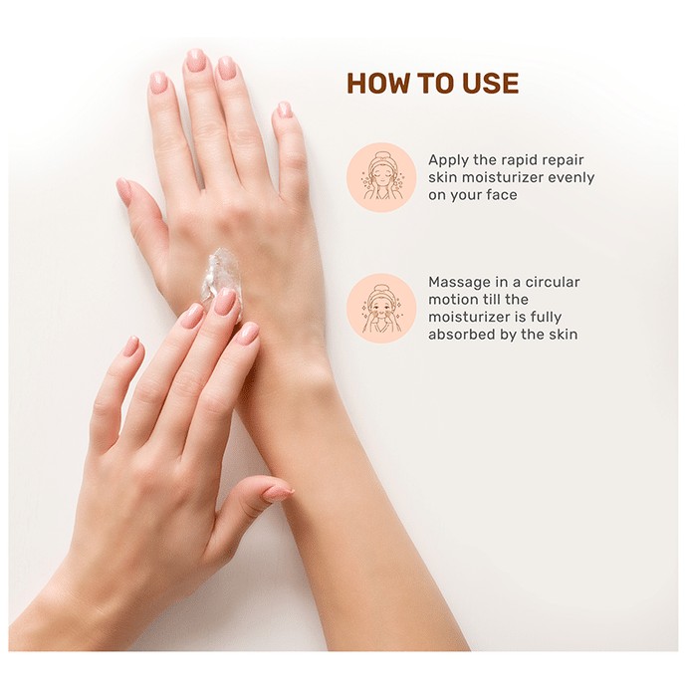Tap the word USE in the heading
[491, 83]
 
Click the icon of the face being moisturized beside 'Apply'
[380, 177]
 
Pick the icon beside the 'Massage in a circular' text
[380, 308]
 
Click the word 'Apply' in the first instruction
[449, 160]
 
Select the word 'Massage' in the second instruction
[459, 283]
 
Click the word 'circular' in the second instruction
[553, 282]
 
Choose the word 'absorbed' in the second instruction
[462, 335]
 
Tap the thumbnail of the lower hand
[279, 493]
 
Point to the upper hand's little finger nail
[284, 110]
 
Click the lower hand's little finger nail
[131, 347]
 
